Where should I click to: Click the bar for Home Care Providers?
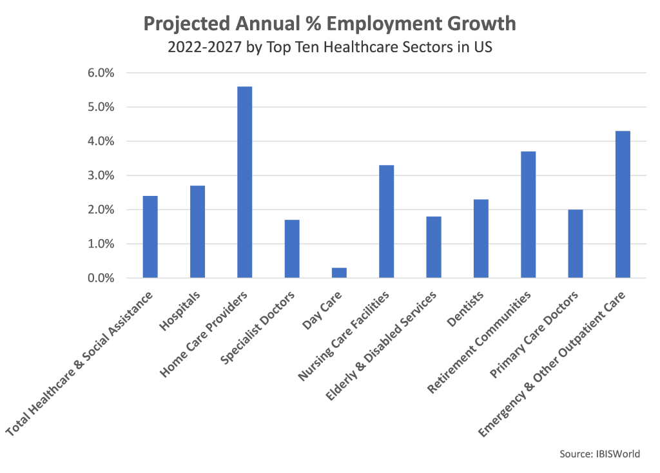tap(244, 182)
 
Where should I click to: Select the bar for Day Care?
tap(339, 273)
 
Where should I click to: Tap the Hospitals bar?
tap(197, 232)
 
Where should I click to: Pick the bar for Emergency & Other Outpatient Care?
tap(623, 204)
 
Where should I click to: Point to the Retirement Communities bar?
tap(528, 215)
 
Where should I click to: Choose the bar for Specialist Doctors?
tap(292, 249)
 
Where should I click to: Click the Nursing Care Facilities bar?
tap(386, 222)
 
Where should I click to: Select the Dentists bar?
tap(481, 238)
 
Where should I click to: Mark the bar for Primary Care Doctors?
tap(575, 244)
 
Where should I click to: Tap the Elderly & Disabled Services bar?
tap(434, 247)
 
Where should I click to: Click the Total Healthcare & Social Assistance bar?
tap(150, 237)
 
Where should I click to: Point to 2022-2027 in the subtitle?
tap(204, 48)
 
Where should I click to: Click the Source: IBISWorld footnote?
tap(599, 454)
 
